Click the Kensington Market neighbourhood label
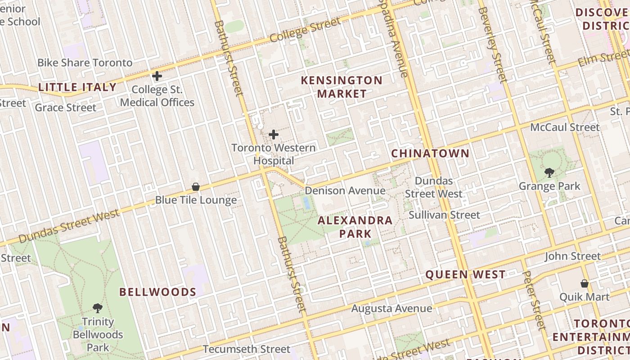coord(342,87)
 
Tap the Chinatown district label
coord(430,153)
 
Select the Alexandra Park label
coord(355,227)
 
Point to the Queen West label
coord(465,274)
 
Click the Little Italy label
coord(77,87)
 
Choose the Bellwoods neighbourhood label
coord(157,292)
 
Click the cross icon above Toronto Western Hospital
coord(273,135)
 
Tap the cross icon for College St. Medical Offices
coord(157,76)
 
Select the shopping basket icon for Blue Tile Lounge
coord(196,187)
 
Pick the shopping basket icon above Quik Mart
coord(584,283)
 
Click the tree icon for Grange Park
coord(549,172)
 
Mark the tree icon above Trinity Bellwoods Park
coord(98,308)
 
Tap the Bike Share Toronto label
coord(85,63)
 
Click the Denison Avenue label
coord(345,190)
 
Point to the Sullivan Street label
coord(444,215)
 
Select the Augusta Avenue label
coord(391,309)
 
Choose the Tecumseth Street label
coord(247,349)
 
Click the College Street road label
coord(306,30)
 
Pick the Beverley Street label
coord(493,45)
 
